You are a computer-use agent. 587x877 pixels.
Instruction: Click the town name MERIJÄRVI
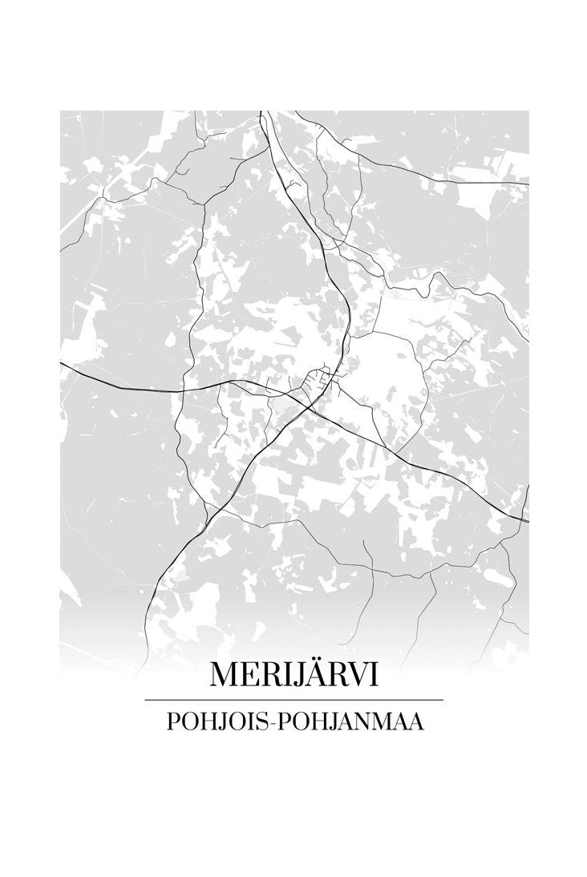[x=293, y=675]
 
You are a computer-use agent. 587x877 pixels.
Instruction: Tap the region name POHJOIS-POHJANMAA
[x=293, y=721]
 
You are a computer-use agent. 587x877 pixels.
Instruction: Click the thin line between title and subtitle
[x=293, y=700]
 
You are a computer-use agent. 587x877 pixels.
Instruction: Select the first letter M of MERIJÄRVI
[x=225, y=675]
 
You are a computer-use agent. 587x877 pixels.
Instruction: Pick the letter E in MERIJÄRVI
[x=250, y=675]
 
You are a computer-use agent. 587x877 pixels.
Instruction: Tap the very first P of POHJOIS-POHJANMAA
[x=172, y=721]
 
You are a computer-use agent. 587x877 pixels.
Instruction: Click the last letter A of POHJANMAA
[x=415, y=721]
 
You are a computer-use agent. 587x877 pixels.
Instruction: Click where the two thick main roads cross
[x=310, y=408]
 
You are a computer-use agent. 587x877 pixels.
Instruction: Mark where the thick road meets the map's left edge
[x=61, y=362]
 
